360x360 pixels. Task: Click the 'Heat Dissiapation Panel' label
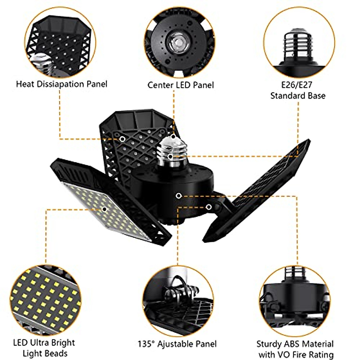tap(61, 84)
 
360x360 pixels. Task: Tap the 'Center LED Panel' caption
tap(181, 85)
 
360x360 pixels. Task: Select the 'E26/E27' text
tap(297, 85)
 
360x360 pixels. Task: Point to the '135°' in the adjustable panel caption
tap(146, 344)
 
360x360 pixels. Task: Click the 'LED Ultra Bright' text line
tap(44, 343)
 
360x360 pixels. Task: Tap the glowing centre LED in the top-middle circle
tap(177, 42)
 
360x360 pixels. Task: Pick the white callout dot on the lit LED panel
tap(104, 209)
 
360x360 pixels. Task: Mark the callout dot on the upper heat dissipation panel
tap(122, 139)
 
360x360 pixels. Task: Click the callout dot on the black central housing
tap(178, 196)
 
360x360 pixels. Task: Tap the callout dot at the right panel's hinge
tap(208, 207)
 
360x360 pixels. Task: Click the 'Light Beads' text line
tap(45, 353)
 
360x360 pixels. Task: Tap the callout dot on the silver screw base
tap(170, 156)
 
